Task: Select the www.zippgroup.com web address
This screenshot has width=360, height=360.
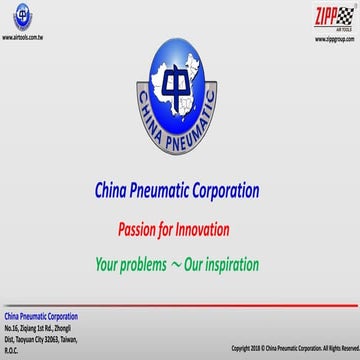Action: click(x=333, y=40)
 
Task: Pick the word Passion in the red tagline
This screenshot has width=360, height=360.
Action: click(x=138, y=227)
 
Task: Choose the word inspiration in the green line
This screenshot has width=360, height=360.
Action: click(x=226, y=265)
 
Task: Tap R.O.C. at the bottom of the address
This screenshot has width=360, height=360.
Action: click(x=12, y=350)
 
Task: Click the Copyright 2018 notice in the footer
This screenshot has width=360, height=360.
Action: click(x=293, y=348)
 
